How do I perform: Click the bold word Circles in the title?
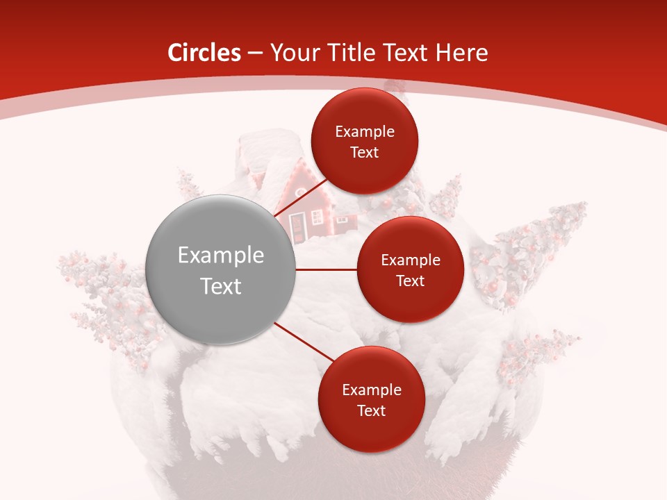pyautogui.click(x=204, y=53)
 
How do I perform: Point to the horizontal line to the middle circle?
pyautogui.click(x=327, y=269)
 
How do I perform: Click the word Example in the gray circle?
pyautogui.click(x=221, y=256)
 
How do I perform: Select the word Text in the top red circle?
pyautogui.click(x=365, y=152)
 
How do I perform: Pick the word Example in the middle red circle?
pyautogui.click(x=411, y=260)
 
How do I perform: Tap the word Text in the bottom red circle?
pyautogui.click(x=371, y=410)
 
